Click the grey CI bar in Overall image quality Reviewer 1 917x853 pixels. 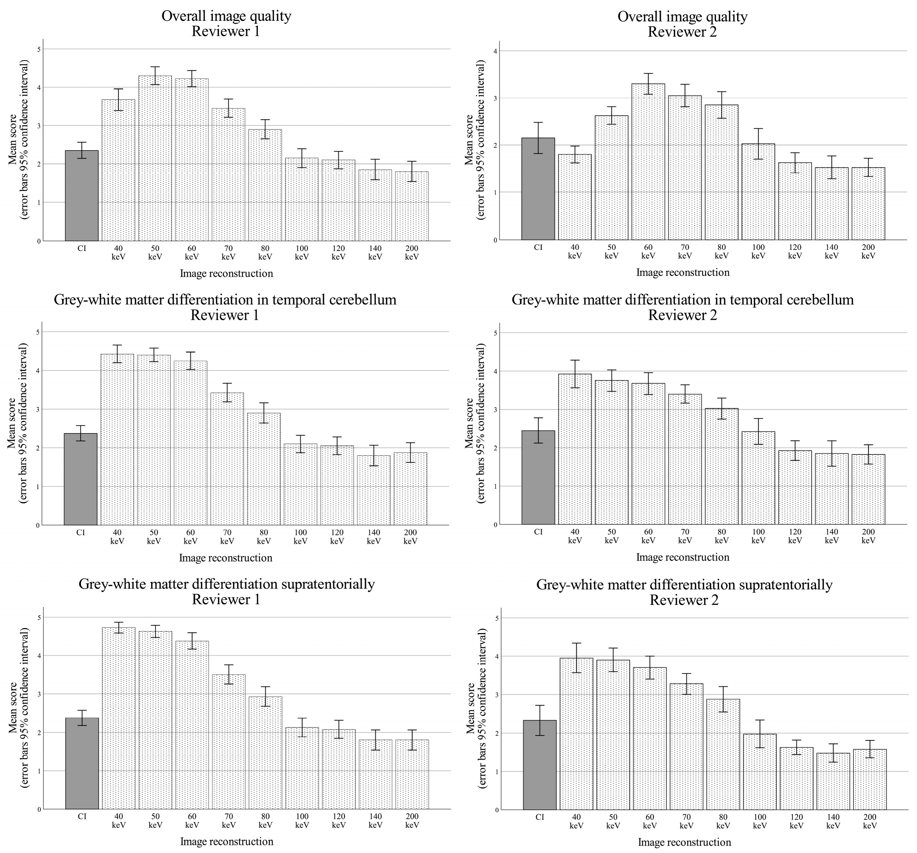[x=82, y=196]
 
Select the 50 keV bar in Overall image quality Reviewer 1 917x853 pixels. [x=155, y=158]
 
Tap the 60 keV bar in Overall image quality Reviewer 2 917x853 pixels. [x=648, y=162]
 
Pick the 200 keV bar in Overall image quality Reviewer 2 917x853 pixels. [x=868, y=203]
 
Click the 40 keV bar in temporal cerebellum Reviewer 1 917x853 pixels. [x=117, y=439]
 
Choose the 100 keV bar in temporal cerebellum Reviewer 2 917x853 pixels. [x=758, y=478]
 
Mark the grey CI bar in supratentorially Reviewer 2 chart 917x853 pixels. [x=540, y=765]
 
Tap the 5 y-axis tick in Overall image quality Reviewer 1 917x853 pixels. [x=39, y=49]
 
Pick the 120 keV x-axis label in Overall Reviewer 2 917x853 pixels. [x=795, y=251]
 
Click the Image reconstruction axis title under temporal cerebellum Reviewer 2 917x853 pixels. [x=683, y=557]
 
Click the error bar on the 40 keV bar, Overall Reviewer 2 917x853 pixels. [x=575, y=154]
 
